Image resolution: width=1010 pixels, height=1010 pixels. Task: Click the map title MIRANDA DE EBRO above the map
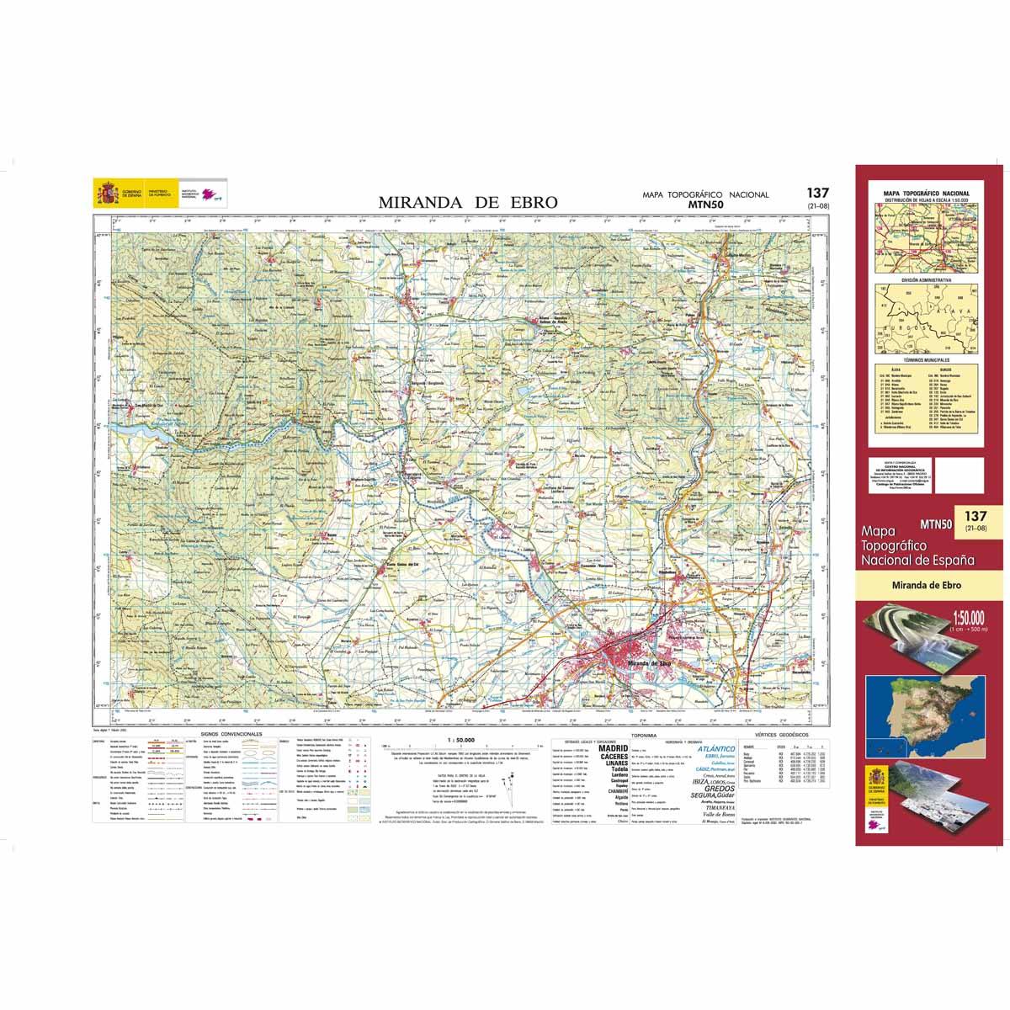467,202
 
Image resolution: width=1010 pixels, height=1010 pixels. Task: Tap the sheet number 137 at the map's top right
816,193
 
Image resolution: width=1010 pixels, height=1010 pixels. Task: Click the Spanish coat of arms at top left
106,194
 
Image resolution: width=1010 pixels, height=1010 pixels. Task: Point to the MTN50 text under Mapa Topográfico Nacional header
705,204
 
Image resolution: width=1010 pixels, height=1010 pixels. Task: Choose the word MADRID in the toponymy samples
612,747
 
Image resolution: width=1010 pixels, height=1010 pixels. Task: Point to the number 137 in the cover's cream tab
975,516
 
